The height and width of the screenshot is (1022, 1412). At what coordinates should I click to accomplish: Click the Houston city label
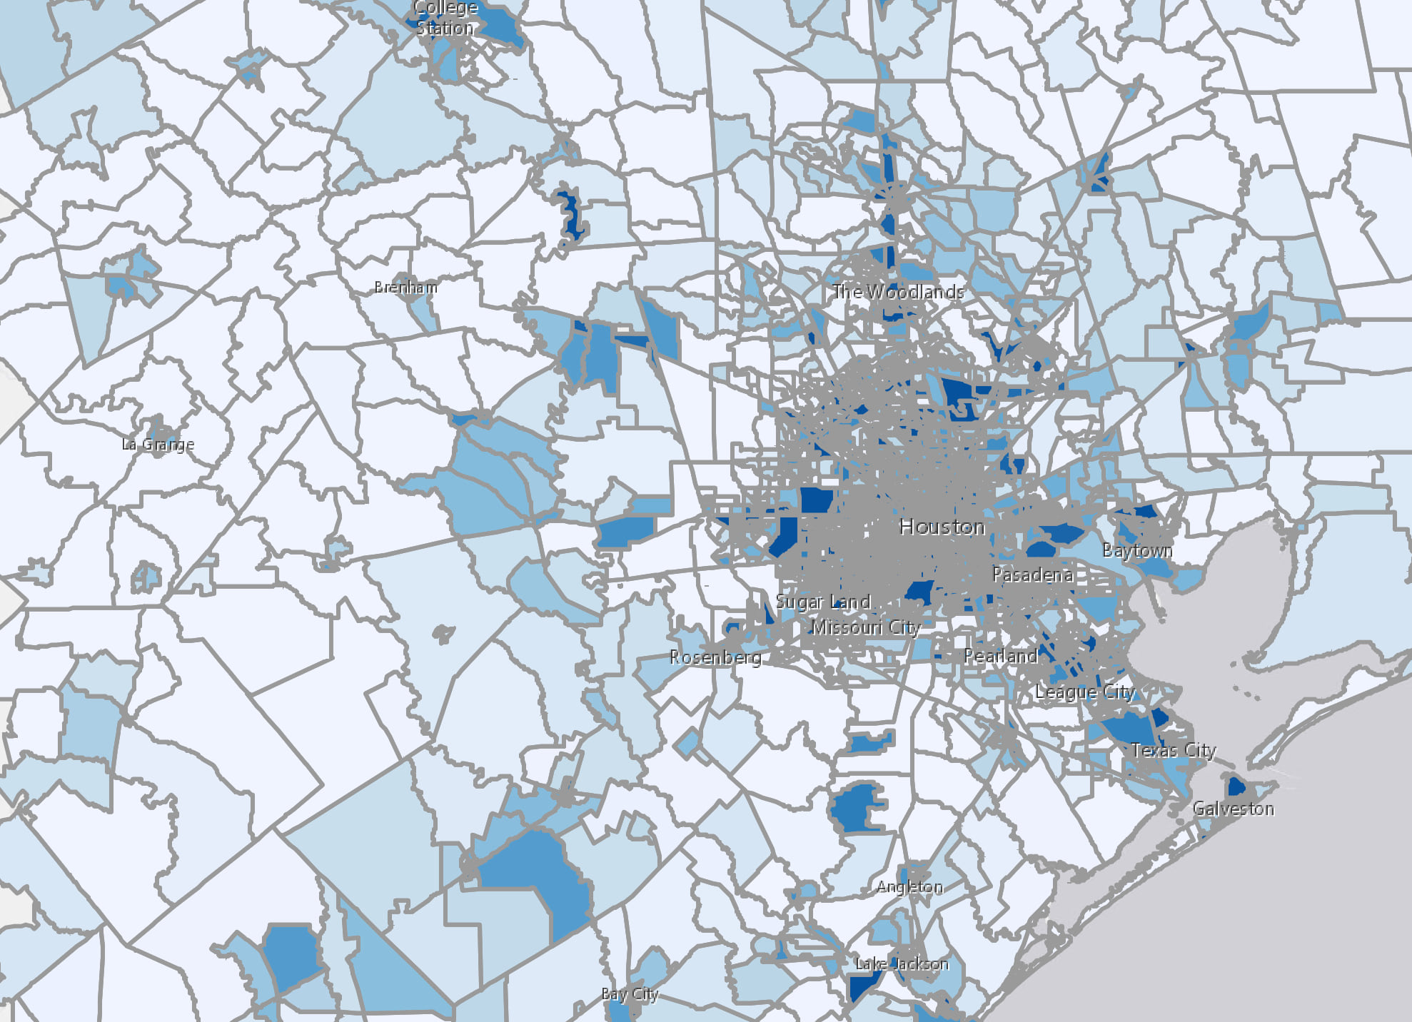942,527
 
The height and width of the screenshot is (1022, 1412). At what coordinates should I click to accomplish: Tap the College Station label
445,19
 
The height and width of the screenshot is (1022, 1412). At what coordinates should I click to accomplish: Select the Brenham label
405,287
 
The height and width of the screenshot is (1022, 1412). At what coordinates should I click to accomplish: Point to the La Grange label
158,444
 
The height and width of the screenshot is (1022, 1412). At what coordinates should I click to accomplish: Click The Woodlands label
898,291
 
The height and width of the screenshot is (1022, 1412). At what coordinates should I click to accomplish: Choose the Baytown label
1137,550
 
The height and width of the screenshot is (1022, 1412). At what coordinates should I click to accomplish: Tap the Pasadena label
1032,575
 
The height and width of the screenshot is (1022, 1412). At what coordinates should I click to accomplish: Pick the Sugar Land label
823,602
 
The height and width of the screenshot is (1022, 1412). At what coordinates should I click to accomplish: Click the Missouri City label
866,627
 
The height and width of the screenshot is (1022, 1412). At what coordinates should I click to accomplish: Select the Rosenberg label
715,657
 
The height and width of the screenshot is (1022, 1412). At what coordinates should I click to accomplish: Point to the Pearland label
1000,656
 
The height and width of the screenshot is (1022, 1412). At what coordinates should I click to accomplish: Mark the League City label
1084,692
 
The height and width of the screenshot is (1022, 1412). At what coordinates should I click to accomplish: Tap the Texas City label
1173,750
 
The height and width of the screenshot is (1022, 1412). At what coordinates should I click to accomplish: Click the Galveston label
1233,809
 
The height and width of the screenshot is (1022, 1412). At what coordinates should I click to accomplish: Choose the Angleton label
909,886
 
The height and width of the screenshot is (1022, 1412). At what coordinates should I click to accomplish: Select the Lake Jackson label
902,963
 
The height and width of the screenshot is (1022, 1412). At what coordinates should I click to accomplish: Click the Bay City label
629,993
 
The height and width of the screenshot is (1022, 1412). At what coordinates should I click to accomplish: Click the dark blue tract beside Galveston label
1235,786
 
